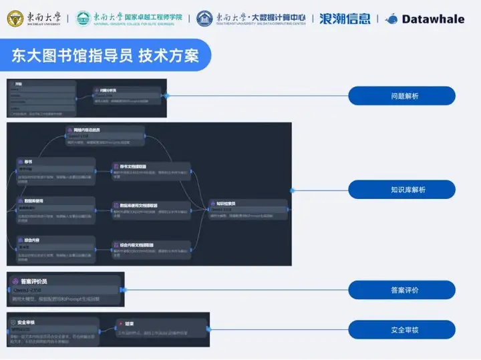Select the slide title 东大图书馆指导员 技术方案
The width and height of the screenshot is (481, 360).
(x=106, y=55)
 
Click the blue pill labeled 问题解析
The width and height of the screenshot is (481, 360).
(x=402, y=96)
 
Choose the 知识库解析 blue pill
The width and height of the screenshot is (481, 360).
(x=402, y=190)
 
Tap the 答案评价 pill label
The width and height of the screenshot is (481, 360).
(x=402, y=290)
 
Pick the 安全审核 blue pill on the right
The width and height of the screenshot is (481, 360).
(x=402, y=329)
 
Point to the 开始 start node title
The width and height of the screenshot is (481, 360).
(x=19, y=85)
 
